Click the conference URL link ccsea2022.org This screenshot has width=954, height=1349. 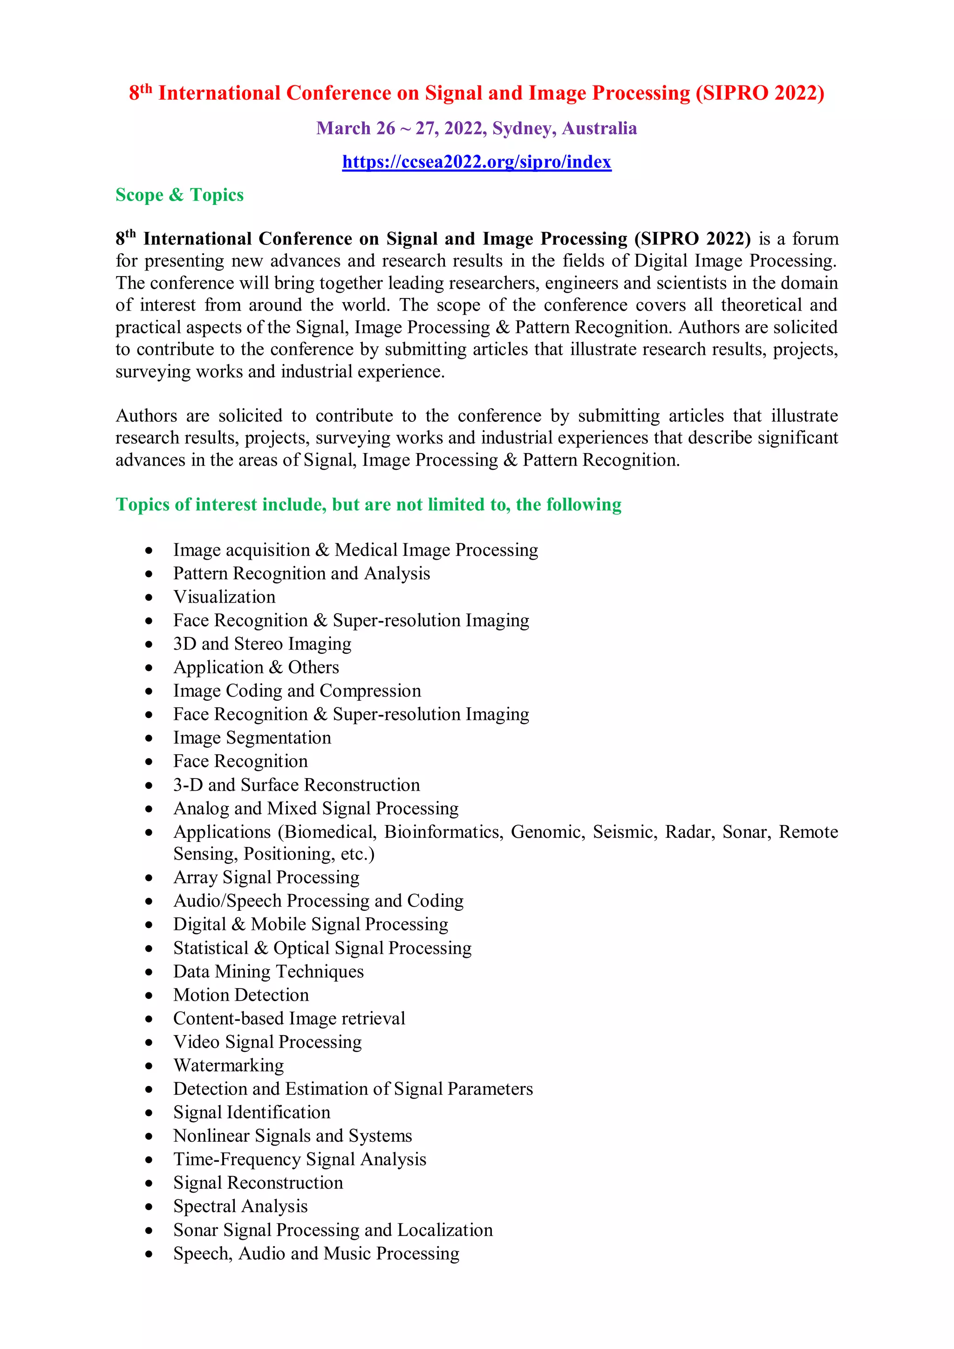click(476, 162)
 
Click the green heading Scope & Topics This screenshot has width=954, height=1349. click(179, 195)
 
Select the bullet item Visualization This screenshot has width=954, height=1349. click(224, 597)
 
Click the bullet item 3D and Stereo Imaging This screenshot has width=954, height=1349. click(262, 644)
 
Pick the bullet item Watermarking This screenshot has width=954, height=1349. click(228, 1065)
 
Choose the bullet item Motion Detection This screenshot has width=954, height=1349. click(241, 995)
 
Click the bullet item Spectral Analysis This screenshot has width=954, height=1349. click(240, 1206)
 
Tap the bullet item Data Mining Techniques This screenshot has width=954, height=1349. click(268, 971)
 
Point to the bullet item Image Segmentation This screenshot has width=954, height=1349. click(252, 738)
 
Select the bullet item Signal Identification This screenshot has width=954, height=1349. click(252, 1112)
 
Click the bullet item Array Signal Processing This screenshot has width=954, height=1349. click(266, 877)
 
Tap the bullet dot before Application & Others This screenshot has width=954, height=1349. click(150, 668)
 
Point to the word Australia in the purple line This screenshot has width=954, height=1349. click(599, 128)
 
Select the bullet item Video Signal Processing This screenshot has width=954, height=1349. click(267, 1042)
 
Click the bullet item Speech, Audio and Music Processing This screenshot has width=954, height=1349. click(316, 1253)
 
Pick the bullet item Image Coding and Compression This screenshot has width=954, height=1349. click(297, 691)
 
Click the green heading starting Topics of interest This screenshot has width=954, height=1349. click(368, 505)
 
